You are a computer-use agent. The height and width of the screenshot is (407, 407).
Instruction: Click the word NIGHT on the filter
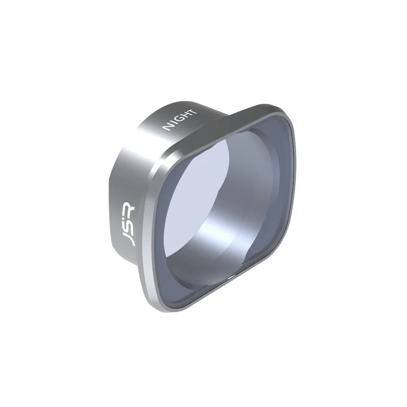click(180, 120)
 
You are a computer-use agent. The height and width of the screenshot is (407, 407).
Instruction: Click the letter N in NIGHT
click(167, 127)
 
